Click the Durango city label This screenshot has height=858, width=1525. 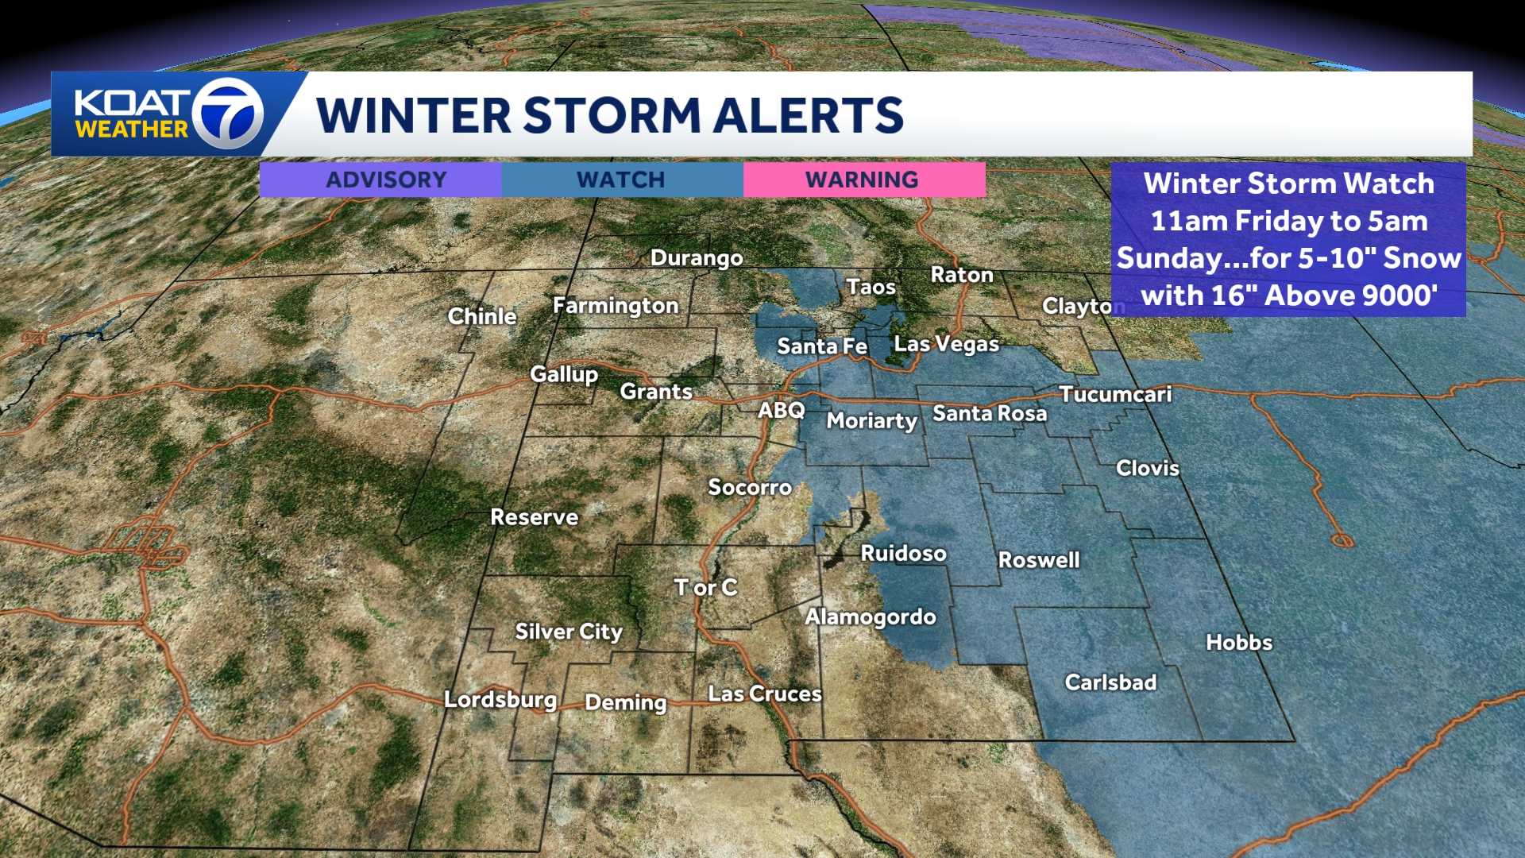pyautogui.click(x=697, y=258)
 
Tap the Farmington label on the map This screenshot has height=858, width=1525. pyautogui.click(x=616, y=306)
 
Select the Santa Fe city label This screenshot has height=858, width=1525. pyautogui.click(x=822, y=346)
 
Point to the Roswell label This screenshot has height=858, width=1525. pyautogui.click(x=1039, y=560)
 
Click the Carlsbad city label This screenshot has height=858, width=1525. pyautogui.click(x=1110, y=682)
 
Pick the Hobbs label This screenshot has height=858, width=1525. pyautogui.click(x=1239, y=643)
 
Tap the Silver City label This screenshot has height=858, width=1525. pyautogui.click(x=569, y=632)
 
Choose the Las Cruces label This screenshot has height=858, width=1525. pyautogui.click(x=765, y=694)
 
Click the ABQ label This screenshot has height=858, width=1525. pyautogui.click(x=782, y=411)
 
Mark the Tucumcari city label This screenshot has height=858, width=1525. pyautogui.click(x=1115, y=395)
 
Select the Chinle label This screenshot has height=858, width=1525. pyautogui.click(x=482, y=316)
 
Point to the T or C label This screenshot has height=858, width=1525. pyautogui.click(x=705, y=588)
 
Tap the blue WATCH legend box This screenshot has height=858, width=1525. pyautogui.click(x=622, y=180)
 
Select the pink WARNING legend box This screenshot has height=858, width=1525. pyautogui.click(x=863, y=180)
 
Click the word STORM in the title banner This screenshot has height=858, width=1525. pyautogui.click(x=612, y=115)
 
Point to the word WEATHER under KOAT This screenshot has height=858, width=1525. pyautogui.click(x=132, y=129)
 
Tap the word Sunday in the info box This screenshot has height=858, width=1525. pyautogui.click(x=1171, y=258)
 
